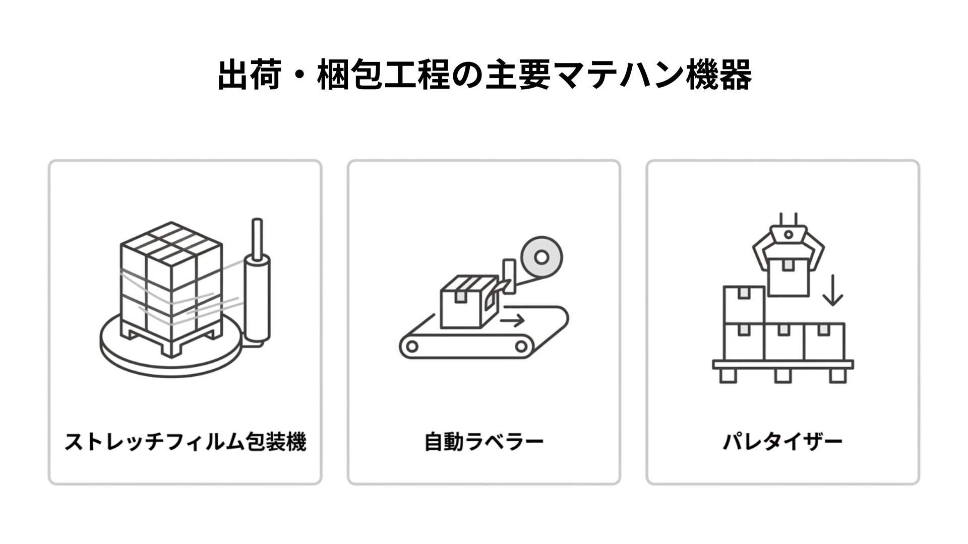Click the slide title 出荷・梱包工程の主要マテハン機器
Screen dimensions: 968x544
pos(484,75)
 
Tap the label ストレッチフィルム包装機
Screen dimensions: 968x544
pos(185,442)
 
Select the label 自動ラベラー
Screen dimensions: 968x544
pos(484,442)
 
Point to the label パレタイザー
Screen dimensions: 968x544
pos(782,442)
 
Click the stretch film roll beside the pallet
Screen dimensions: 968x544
pos(257,300)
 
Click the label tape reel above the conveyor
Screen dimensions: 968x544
pos(541,257)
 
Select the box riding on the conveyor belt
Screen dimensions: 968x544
pos(469,302)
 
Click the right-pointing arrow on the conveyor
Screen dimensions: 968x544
pos(513,320)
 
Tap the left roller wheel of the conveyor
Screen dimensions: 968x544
pos(412,346)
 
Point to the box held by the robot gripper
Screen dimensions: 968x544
pos(788,275)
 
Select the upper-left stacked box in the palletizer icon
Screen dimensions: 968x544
pos(744,305)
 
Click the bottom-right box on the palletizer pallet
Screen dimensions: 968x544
pos(824,342)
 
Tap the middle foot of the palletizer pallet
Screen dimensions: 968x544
pos(783,376)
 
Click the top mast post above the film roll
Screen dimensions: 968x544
pos(257,237)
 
